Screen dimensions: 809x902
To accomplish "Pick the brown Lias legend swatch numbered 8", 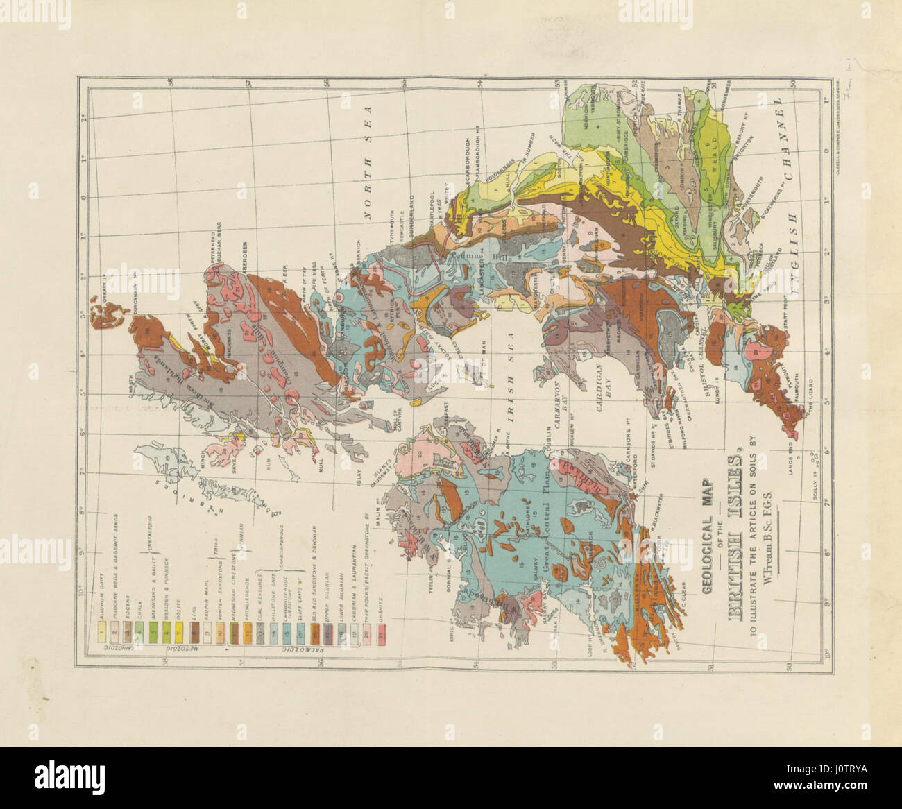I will (196, 633).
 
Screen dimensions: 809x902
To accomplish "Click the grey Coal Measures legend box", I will (258, 633).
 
